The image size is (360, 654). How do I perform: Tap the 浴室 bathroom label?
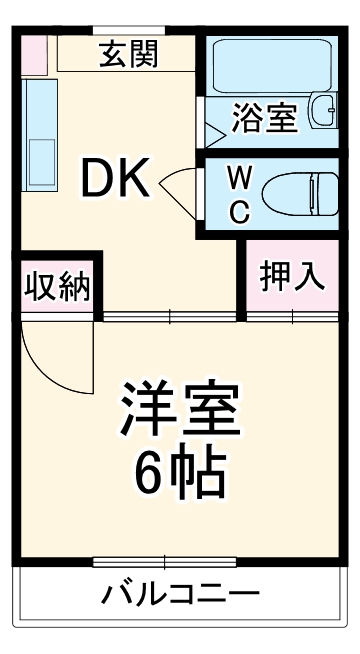click(265, 117)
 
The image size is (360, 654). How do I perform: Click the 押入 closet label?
click(293, 276)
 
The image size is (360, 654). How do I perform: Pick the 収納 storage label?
click(57, 286)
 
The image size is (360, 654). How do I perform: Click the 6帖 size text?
click(181, 476)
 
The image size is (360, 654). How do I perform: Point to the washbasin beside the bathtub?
click(323, 110)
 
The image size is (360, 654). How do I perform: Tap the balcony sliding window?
click(180, 561)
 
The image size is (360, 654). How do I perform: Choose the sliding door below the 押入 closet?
click(293, 318)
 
